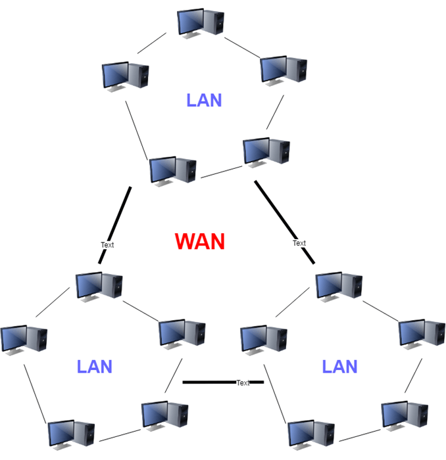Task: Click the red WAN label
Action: click(200, 242)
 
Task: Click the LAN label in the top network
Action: click(204, 101)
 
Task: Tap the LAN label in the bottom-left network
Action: click(95, 367)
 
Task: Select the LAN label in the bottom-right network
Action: click(339, 367)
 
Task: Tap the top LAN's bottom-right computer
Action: click(266, 152)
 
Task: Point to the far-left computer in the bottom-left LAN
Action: click(24, 338)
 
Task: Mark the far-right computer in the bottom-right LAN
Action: click(422, 333)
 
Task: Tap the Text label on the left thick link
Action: click(107, 244)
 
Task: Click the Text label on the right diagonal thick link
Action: click(299, 243)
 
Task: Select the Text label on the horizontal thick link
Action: click(243, 382)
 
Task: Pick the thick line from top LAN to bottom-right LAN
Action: click(276, 212)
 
